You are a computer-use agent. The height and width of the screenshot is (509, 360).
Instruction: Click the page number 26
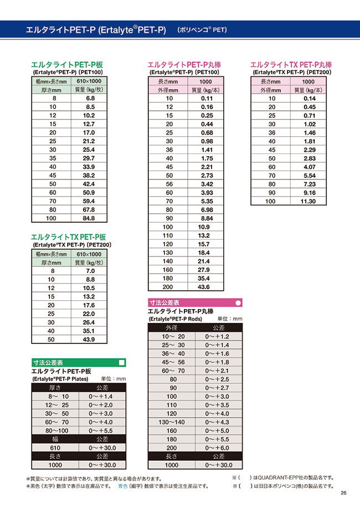(x=343, y=493)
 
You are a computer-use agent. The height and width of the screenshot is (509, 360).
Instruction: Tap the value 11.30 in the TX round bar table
(x=308, y=201)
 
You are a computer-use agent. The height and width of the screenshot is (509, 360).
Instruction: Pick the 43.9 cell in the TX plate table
(x=89, y=340)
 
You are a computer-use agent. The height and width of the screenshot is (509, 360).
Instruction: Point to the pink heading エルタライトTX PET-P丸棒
(x=291, y=65)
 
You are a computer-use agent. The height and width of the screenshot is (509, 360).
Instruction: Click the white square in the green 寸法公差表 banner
(x=122, y=363)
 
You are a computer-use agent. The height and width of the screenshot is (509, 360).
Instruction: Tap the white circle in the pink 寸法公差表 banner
(x=238, y=303)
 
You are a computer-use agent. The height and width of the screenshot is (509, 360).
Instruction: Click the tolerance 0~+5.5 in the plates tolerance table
(x=100, y=430)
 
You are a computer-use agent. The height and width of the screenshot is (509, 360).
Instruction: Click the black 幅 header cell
(x=55, y=439)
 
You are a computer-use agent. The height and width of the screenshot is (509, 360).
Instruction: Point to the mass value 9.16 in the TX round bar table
(x=308, y=193)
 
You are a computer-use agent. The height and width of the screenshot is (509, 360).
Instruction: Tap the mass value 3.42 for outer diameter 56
(x=207, y=184)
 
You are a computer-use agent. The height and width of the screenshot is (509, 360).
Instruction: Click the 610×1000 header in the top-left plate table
(x=89, y=81)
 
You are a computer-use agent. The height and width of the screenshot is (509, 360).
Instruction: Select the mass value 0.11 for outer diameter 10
(x=207, y=98)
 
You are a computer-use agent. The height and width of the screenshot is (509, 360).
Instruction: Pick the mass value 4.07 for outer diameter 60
(x=308, y=167)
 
